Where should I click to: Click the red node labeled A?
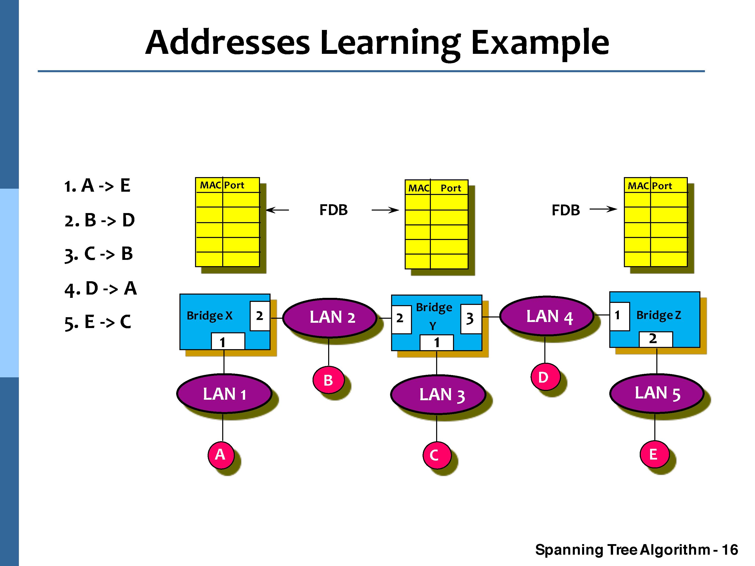coord(220,455)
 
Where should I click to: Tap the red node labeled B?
coord(328,380)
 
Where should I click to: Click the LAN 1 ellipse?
coord(224,394)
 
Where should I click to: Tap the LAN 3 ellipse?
coord(438,394)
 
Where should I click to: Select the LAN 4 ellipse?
coord(546,316)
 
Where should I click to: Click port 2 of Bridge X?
coord(260,316)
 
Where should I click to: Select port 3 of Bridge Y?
coord(471,319)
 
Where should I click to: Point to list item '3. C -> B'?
coord(99,254)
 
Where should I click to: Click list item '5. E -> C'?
coord(98,322)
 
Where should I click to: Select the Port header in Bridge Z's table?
coord(662,186)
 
